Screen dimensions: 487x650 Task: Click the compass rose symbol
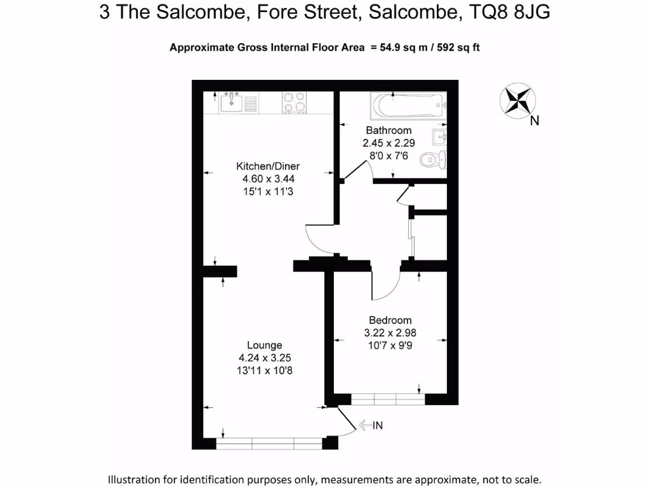(519, 101)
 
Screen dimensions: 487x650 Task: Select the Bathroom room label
(388, 131)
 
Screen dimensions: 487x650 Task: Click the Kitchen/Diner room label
(268, 166)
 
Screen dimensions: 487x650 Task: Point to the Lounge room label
(264, 346)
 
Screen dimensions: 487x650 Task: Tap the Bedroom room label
(390, 320)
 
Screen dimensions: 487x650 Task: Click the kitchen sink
(231, 103)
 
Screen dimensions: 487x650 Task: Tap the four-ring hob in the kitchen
(294, 103)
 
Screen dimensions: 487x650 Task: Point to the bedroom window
(387, 399)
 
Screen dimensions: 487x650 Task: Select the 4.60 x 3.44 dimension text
(268, 179)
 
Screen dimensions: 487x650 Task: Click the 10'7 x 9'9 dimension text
(390, 345)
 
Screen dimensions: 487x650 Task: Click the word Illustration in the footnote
(139, 479)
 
